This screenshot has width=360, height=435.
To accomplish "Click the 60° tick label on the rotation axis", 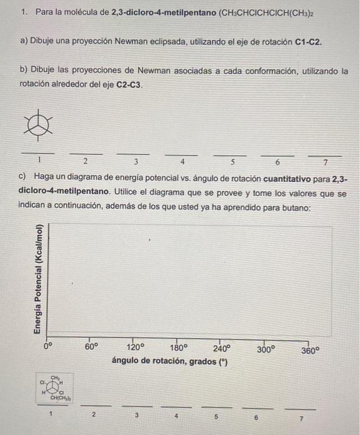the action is point(91,348).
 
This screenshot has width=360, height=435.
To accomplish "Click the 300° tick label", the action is point(265,348).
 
